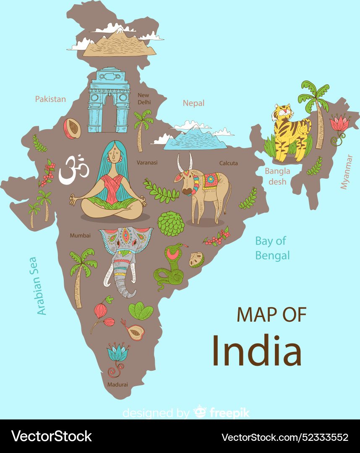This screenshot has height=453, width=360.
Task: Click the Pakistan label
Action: (x=50, y=99)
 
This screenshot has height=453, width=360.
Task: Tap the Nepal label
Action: (x=193, y=103)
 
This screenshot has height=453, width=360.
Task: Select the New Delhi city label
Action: (x=144, y=99)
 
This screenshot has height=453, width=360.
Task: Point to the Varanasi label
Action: (x=147, y=162)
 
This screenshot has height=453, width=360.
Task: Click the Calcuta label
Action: (x=228, y=163)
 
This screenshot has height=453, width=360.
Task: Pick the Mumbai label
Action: (x=80, y=235)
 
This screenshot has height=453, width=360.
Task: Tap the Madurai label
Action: (x=117, y=384)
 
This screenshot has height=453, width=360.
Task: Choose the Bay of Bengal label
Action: (x=272, y=248)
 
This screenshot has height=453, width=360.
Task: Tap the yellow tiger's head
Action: (x=284, y=113)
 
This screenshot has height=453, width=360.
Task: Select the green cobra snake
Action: (x=170, y=268)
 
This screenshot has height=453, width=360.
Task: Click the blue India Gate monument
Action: (x=109, y=101)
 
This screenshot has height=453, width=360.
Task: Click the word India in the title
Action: (x=256, y=350)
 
